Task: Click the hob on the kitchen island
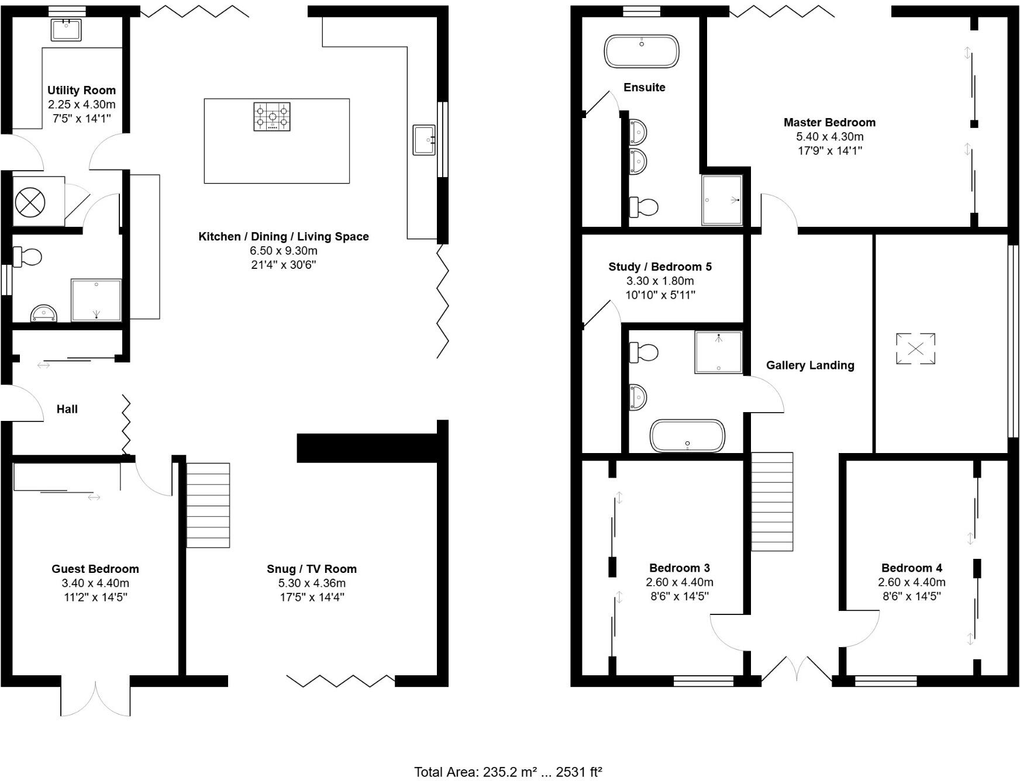click(x=272, y=116)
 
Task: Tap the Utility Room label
click(x=81, y=91)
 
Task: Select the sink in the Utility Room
click(x=66, y=30)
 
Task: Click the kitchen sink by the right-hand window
click(x=423, y=140)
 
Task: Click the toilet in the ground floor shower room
click(x=27, y=257)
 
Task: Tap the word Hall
click(x=67, y=409)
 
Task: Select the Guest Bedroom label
click(x=95, y=569)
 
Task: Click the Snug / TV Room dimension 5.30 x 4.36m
click(x=312, y=583)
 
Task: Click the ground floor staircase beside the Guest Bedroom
click(x=208, y=505)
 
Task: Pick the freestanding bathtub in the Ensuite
click(x=642, y=51)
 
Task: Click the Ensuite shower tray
click(x=722, y=200)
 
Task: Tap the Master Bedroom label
click(x=829, y=123)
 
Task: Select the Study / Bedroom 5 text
click(x=660, y=267)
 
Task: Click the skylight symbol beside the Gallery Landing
click(x=915, y=349)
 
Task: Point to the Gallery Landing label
click(x=810, y=365)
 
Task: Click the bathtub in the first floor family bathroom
click(x=687, y=436)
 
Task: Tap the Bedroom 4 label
click(x=911, y=568)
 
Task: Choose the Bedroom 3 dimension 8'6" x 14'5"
click(x=679, y=596)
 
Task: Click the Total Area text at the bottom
click(x=508, y=772)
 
